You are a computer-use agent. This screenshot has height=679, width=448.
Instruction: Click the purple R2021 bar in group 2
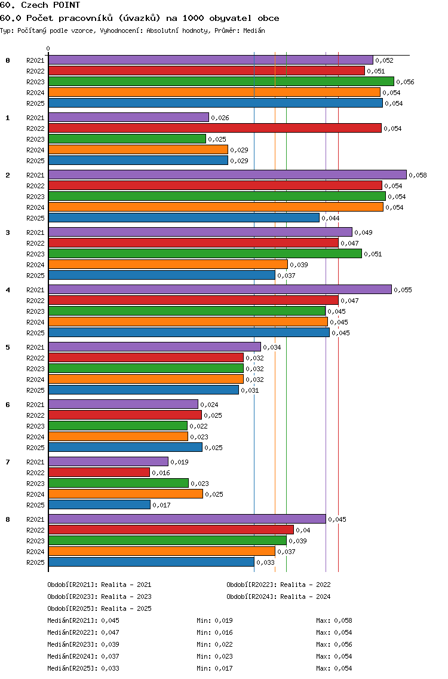(x=228, y=175)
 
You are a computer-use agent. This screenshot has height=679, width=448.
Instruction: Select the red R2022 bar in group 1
(x=215, y=128)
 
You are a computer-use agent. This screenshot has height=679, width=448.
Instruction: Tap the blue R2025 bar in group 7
(x=100, y=505)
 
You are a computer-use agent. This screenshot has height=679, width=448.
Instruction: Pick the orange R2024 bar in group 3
(x=168, y=265)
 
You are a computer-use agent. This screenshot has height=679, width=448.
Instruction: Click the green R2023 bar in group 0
(x=221, y=82)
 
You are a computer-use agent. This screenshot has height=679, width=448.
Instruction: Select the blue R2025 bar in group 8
(x=152, y=562)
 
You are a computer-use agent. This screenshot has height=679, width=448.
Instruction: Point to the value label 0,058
(x=418, y=175)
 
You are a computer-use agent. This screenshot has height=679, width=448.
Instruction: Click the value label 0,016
(x=161, y=473)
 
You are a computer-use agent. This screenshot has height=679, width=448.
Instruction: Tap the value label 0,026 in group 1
(x=220, y=118)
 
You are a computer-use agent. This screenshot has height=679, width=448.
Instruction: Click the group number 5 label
(x=8, y=347)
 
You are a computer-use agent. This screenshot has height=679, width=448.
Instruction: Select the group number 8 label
(x=8, y=519)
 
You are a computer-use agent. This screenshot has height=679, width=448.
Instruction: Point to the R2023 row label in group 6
(x=35, y=426)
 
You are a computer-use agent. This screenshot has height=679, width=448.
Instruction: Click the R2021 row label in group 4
(x=35, y=290)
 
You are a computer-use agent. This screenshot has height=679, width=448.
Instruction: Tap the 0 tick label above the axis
(x=48, y=48)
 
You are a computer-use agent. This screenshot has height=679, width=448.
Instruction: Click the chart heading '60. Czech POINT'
(x=40, y=5)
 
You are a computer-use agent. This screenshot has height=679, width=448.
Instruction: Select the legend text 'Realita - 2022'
(x=305, y=585)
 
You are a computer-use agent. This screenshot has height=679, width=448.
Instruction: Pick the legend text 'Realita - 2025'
(x=127, y=608)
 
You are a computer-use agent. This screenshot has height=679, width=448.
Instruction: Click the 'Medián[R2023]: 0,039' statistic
(x=83, y=644)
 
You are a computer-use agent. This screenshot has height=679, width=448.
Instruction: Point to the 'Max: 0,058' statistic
(x=334, y=620)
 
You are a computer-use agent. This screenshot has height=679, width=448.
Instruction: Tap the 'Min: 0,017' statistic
(x=214, y=668)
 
